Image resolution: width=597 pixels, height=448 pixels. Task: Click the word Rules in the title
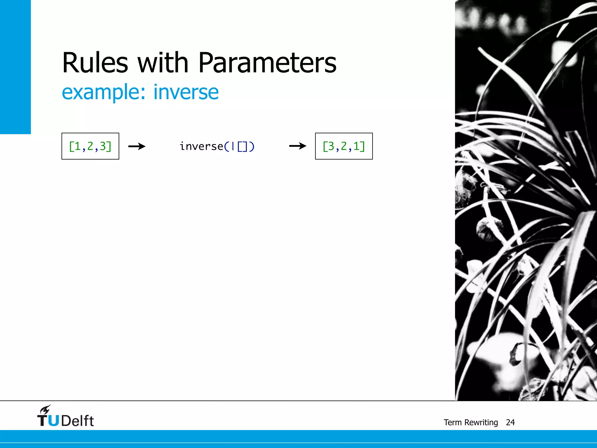coord(95,63)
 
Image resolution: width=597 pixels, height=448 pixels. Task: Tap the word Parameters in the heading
coord(267,63)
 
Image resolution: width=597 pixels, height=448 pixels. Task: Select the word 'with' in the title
coord(163,63)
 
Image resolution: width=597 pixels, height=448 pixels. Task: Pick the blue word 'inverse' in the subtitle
coord(186,92)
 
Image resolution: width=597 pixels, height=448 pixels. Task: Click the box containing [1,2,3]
coord(90,146)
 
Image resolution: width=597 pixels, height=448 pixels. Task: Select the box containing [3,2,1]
coord(344,146)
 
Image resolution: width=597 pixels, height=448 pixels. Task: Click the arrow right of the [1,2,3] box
coord(137,146)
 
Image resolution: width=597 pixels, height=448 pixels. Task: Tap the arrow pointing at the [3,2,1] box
coord(298,146)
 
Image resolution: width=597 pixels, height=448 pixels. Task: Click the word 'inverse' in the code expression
coord(201,146)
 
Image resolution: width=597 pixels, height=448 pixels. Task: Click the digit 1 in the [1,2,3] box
coord(78,146)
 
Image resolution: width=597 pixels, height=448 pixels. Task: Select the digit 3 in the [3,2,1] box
coord(331,146)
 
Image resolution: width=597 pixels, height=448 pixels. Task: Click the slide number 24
coord(510,422)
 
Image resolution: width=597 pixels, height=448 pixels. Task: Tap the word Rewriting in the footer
coord(481,422)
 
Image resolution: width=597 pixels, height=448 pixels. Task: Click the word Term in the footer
coord(452,422)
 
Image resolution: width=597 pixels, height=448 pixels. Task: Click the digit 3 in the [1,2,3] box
coord(103,146)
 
